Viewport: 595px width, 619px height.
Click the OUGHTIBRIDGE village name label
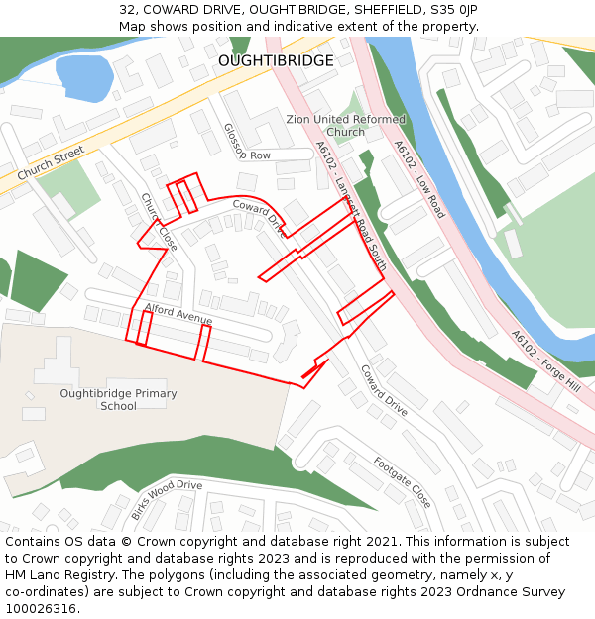click(x=276, y=61)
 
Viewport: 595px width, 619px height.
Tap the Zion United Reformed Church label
click(x=345, y=126)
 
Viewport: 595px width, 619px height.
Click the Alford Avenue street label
click(x=178, y=314)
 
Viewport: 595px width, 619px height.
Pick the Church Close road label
click(x=159, y=222)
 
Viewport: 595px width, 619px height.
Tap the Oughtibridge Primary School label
click(x=118, y=399)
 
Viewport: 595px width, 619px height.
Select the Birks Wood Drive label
click(x=167, y=499)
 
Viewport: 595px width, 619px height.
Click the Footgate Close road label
click(x=402, y=481)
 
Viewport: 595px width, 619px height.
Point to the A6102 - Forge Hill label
click(x=545, y=361)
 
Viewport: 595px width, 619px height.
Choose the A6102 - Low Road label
click(x=419, y=178)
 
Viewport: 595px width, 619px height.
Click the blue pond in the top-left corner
click(x=83, y=76)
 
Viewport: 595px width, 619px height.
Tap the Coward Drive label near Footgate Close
click(x=384, y=390)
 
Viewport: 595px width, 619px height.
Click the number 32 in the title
click(x=127, y=10)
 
